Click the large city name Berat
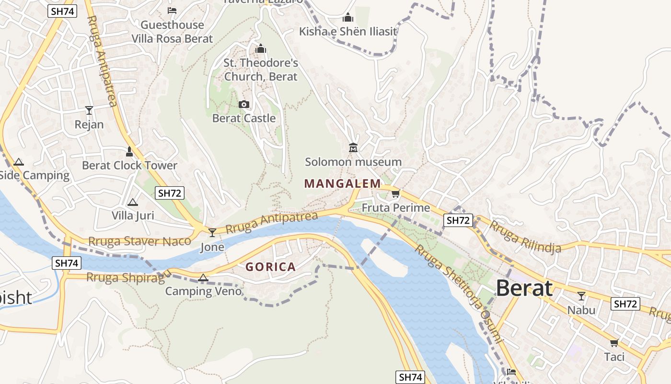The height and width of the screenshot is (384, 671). [524, 288]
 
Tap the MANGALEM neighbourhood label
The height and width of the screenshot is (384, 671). [342, 183]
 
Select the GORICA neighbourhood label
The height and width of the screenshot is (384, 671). [270, 267]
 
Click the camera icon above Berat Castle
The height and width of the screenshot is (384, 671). [243, 104]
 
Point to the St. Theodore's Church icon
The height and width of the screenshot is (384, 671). [261, 49]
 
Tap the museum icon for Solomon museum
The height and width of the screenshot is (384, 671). [353, 147]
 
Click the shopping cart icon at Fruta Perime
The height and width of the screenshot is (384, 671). [395, 194]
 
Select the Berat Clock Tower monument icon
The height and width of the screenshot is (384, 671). [129, 152]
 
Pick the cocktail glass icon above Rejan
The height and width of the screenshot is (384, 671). [89, 110]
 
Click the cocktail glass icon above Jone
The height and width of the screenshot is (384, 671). [212, 233]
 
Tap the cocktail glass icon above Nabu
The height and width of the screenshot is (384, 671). [581, 296]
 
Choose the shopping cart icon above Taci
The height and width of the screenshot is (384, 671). [614, 343]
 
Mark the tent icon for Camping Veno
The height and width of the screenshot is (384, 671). [203, 277]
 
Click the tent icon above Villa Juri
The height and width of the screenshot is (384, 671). [132, 202]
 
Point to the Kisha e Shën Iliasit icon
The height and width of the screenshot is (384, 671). [348, 18]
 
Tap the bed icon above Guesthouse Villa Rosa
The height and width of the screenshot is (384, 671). [172, 11]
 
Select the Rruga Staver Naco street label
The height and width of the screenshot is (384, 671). [139, 241]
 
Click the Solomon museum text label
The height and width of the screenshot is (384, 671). [353, 162]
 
